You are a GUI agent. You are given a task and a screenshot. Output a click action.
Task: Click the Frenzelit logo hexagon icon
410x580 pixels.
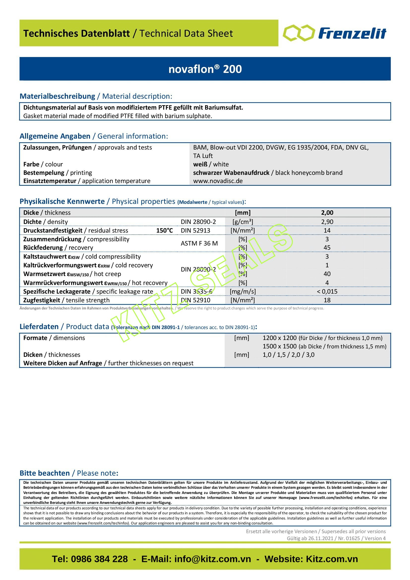point(299,33)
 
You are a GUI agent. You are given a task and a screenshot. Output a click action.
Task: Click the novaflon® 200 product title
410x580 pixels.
point(205,69)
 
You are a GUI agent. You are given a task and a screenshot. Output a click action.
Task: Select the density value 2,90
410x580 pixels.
point(327,222)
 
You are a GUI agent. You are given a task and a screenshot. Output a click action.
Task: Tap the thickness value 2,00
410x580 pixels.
point(327,213)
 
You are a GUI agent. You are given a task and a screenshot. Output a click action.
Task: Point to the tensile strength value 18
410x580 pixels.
point(327,300)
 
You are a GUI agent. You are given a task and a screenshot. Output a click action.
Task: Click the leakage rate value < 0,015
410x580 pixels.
point(327,292)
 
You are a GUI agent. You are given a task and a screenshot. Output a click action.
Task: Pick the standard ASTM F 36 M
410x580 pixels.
point(199,243)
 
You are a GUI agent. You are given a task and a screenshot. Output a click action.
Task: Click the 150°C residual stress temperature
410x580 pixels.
point(164,230)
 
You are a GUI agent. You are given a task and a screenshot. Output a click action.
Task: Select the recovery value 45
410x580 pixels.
point(327,247)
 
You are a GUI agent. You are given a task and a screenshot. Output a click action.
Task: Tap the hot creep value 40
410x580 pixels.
point(327,274)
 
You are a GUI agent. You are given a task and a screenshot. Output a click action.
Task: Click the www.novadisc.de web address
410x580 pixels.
point(218,181)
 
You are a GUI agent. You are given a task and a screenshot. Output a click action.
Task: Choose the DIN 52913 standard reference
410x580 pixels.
point(195,230)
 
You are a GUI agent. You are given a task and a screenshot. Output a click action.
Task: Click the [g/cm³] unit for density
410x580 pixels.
point(243,222)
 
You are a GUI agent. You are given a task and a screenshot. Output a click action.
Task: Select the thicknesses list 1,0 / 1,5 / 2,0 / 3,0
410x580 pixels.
point(288,355)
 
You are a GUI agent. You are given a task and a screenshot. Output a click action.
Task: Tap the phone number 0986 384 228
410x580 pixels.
point(99,559)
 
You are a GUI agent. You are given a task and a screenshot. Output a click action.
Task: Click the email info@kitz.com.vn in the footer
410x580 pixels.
point(213,559)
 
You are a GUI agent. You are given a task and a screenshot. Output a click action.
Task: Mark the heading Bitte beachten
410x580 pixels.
point(45,473)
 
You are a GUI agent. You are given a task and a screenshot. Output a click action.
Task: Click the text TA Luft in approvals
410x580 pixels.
point(203,156)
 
